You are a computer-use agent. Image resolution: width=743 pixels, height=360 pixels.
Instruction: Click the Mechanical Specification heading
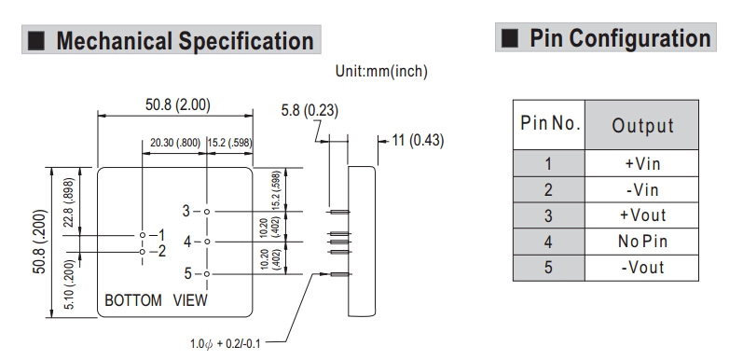(185, 40)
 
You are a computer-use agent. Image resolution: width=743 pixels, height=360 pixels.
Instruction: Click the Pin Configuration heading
(620, 38)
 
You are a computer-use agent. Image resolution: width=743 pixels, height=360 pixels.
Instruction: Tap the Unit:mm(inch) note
(381, 71)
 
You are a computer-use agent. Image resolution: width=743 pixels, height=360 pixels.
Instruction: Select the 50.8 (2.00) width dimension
(178, 104)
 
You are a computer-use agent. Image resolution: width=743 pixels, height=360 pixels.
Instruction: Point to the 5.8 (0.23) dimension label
(310, 110)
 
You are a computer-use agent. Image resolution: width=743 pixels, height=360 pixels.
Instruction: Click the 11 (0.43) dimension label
(418, 141)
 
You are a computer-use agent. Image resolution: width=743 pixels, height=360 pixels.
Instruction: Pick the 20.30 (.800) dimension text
(175, 143)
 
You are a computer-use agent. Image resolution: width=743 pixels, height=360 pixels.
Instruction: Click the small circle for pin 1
(142, 235)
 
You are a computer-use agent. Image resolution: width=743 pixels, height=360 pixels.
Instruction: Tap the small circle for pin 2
(142, 252)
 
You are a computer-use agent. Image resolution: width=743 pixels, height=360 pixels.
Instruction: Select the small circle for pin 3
(207, 212)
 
